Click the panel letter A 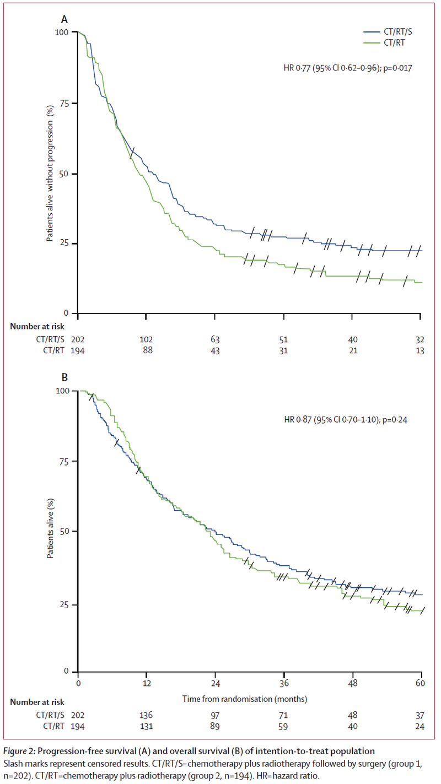[64, 19]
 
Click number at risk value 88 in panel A [146, 350]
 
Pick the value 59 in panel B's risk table [284, 726]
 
